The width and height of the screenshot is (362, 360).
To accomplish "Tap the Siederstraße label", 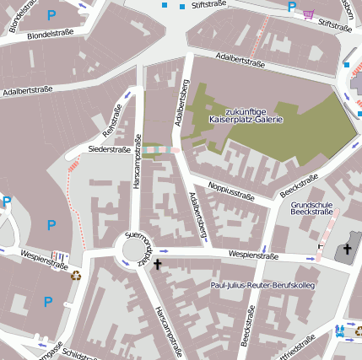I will pos(109,149).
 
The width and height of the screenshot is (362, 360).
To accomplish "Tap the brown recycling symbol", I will pos(76,274).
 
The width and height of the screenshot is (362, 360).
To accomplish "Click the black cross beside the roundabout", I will pos(157,264).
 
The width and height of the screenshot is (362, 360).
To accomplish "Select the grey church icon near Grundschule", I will pos(343,250).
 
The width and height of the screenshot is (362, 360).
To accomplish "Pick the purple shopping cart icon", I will pos(309,13).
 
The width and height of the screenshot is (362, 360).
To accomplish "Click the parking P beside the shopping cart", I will pos(292,8).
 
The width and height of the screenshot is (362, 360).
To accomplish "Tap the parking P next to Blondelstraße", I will pos(51,14).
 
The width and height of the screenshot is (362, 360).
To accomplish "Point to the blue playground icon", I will pos(340,330).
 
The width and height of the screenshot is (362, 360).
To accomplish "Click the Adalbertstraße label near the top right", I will pos(241,60).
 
